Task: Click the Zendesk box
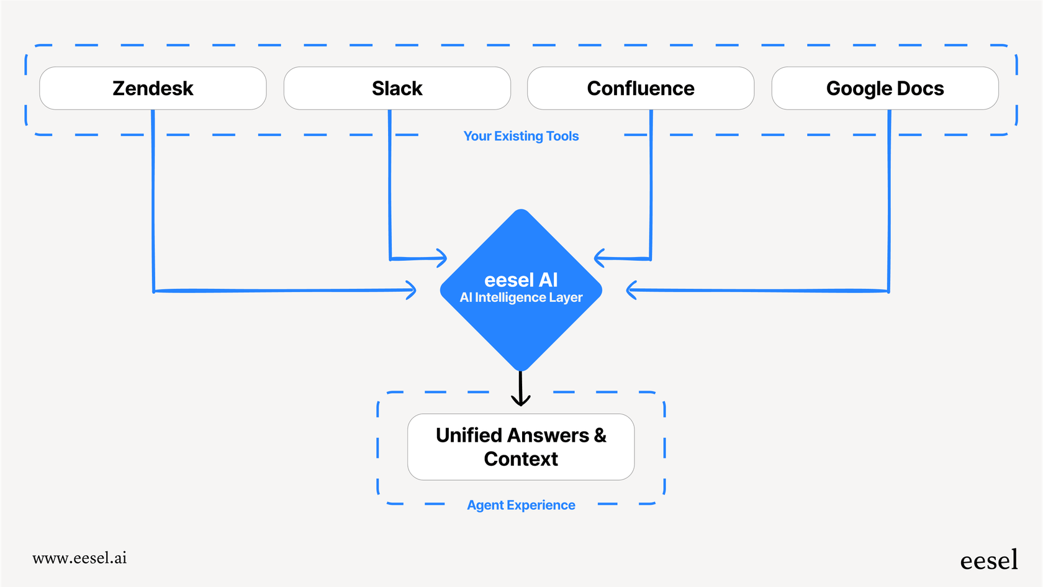[x=153, y=88]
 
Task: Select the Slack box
[x=397, y=88]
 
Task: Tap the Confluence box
[x=641, y=88]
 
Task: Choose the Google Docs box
[x=885, y=88]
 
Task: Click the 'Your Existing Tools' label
[x=521, y=136]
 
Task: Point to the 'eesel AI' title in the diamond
[x=521, y=280]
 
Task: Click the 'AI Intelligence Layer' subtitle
[x=521, y=298]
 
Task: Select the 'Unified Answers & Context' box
[x=521, y=447]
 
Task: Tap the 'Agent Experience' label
[x=521, y=505]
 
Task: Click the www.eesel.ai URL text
[x=79, y=558]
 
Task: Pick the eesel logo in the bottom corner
[x=988, y=560]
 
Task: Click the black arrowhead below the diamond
[x=520, y=399]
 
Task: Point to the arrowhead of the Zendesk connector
[x=412, y=290]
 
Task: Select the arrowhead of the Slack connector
[x=442, y=258]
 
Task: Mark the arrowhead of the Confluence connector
[x=598, y=258]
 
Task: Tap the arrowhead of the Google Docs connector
[x=631, y=290]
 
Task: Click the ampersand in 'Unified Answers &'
[x=600, y=435]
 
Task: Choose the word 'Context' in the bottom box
[x=521, y=459]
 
